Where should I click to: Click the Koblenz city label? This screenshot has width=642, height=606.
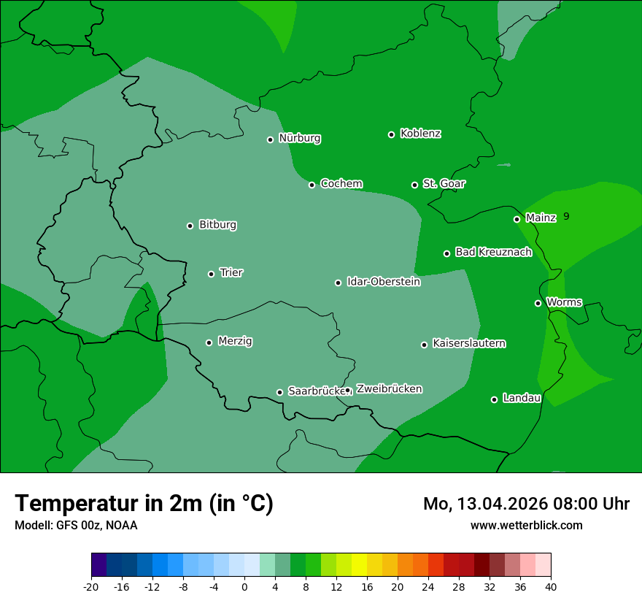(420, 134)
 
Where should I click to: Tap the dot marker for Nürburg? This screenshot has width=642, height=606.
(270, 139)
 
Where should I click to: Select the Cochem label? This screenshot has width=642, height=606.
(341, 183)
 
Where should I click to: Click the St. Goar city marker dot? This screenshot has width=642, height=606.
(414, 185)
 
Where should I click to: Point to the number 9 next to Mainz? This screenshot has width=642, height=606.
(566, 216)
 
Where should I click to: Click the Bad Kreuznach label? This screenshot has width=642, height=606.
(493, 252)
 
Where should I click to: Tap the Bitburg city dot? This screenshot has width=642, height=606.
(190, 226)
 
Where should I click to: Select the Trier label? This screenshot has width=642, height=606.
(231, 272)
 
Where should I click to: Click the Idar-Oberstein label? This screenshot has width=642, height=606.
(383, 281)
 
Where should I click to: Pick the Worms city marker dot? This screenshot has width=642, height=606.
(538, 303)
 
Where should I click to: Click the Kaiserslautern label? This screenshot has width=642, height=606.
(468, 343)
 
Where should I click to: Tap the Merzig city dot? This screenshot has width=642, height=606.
(209, 342)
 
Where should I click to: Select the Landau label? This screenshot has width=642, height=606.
(522, 398)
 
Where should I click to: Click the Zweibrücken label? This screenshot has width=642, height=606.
(389, 389)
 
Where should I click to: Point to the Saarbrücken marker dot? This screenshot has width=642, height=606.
(279, 392)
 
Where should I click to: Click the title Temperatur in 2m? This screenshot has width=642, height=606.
(144, 504)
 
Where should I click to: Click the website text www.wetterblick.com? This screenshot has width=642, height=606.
(526, 525)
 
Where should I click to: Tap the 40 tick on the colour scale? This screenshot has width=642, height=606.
(551, 587)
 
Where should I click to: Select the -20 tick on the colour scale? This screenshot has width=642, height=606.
(91, 587)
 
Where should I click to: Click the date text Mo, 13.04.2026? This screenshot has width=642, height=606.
(484, 504)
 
